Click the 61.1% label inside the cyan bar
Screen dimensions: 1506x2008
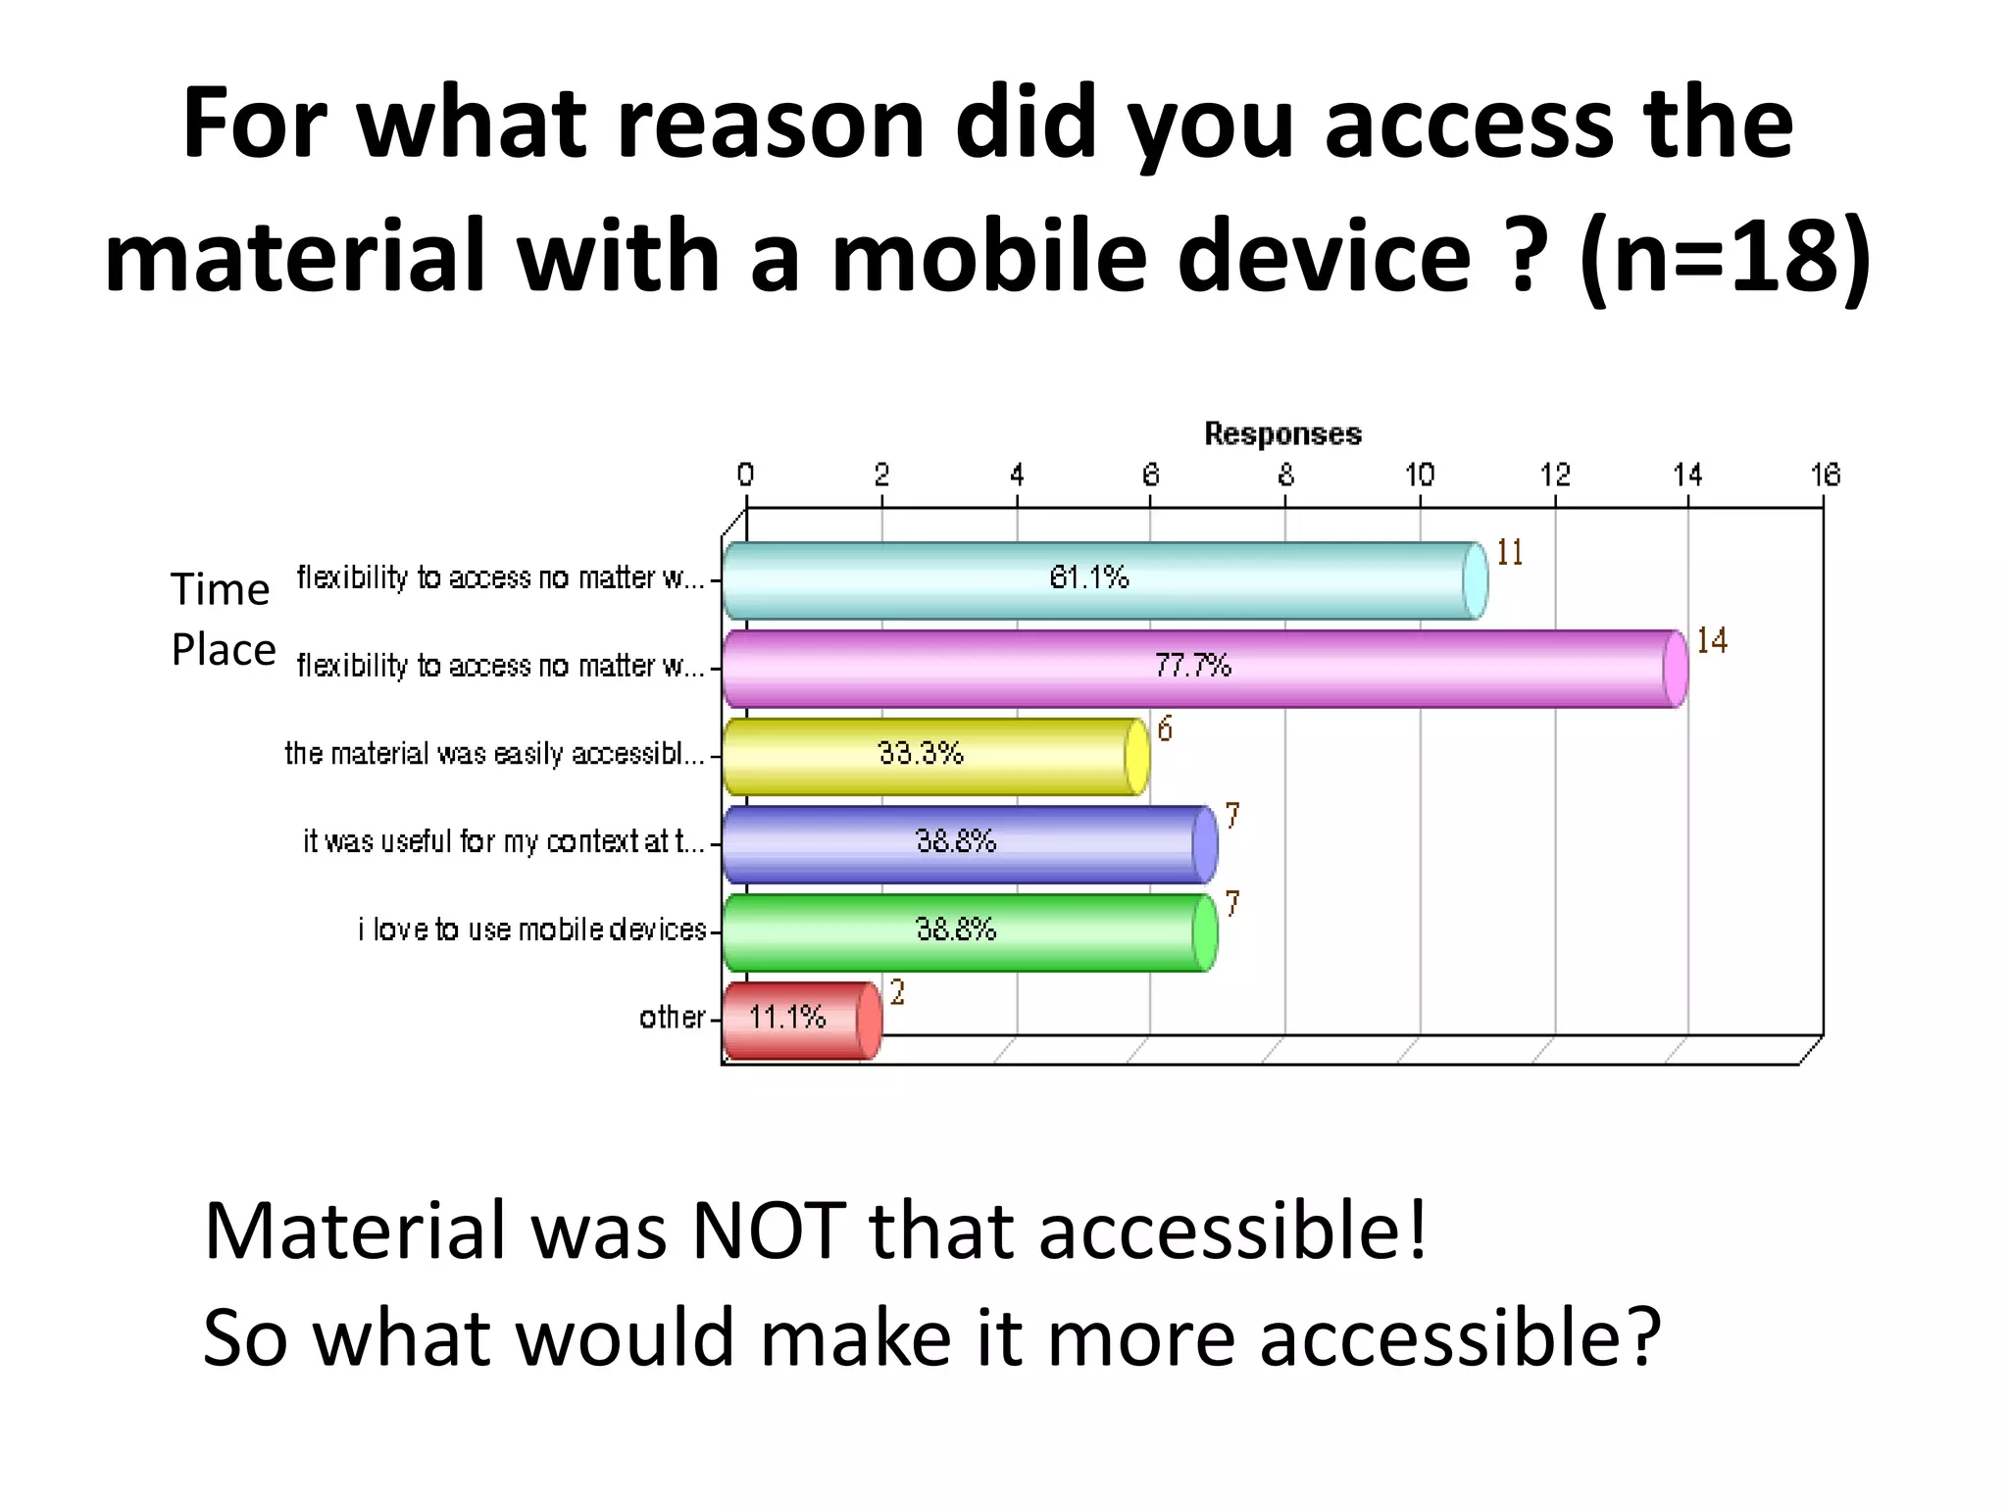point(1088,577)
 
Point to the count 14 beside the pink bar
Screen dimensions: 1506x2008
point(1712,641)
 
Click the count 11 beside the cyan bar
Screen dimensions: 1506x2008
point(1510,553)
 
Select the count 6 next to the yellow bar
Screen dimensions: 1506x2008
point(1165,729)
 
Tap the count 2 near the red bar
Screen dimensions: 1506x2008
point(897,993)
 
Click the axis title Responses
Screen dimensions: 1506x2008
point(1282,434)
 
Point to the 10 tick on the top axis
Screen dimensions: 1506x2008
point(1420,476)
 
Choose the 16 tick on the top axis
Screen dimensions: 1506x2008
point(1825,476)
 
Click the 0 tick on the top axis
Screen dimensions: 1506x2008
point(745,476)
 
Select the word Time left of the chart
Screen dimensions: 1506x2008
point(220,589)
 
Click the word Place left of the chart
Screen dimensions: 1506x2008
point(224,650)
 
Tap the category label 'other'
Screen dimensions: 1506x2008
point(672,1018)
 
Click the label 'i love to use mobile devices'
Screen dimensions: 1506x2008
point(531,929)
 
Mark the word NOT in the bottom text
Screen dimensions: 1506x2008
point(769,1230)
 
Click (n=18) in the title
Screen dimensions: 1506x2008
point(1724,255)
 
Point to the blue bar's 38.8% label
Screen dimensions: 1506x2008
point(956,841)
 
